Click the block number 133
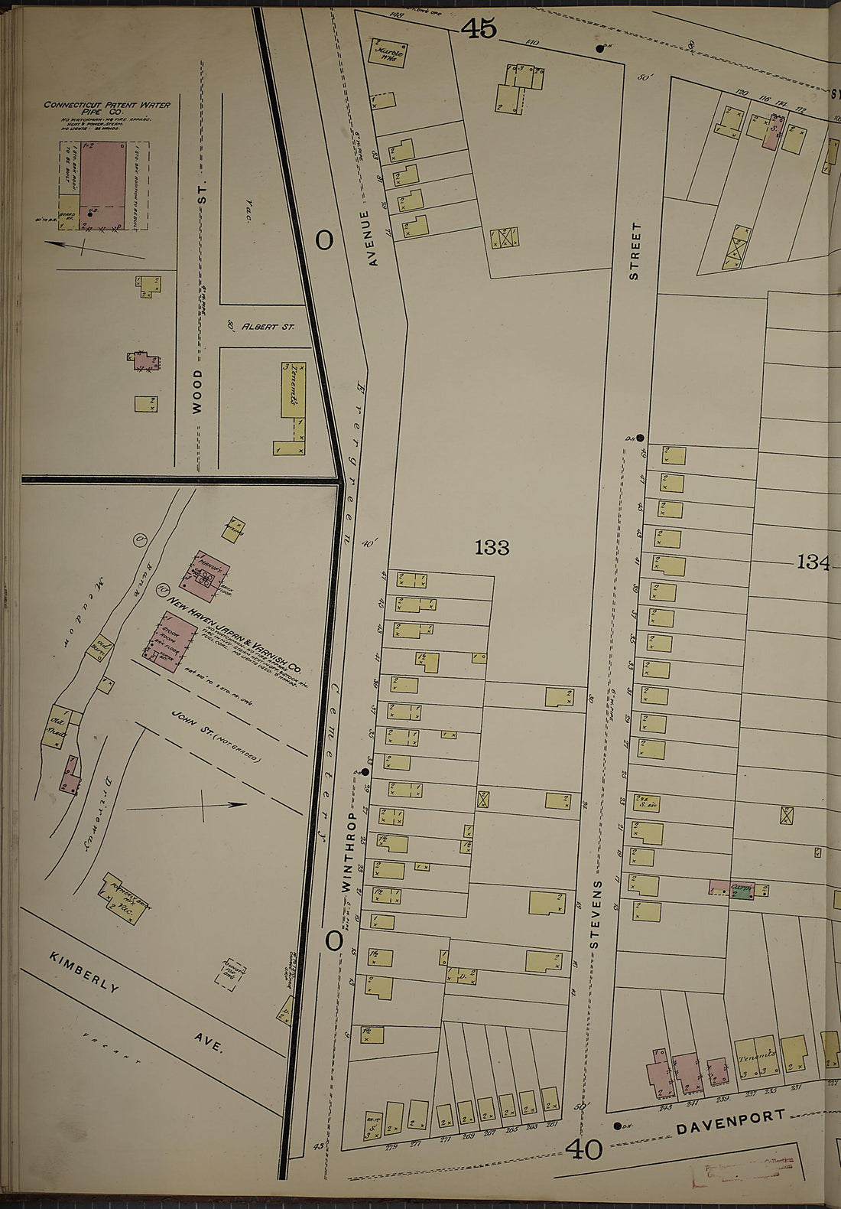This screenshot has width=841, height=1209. pos(492,548)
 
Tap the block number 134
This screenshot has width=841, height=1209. pos(813,562)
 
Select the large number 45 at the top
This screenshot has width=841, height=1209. pos(479,29)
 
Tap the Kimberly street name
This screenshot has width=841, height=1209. pos(84,973)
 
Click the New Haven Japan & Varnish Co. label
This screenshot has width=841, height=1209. pos(237,628)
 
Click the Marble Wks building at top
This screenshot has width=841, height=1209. pos(388,54)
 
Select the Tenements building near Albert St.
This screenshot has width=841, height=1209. pos(294,390)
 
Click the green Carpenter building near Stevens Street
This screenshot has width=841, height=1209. pos(742,890)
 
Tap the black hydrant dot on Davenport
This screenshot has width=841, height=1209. pos(617,1126)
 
